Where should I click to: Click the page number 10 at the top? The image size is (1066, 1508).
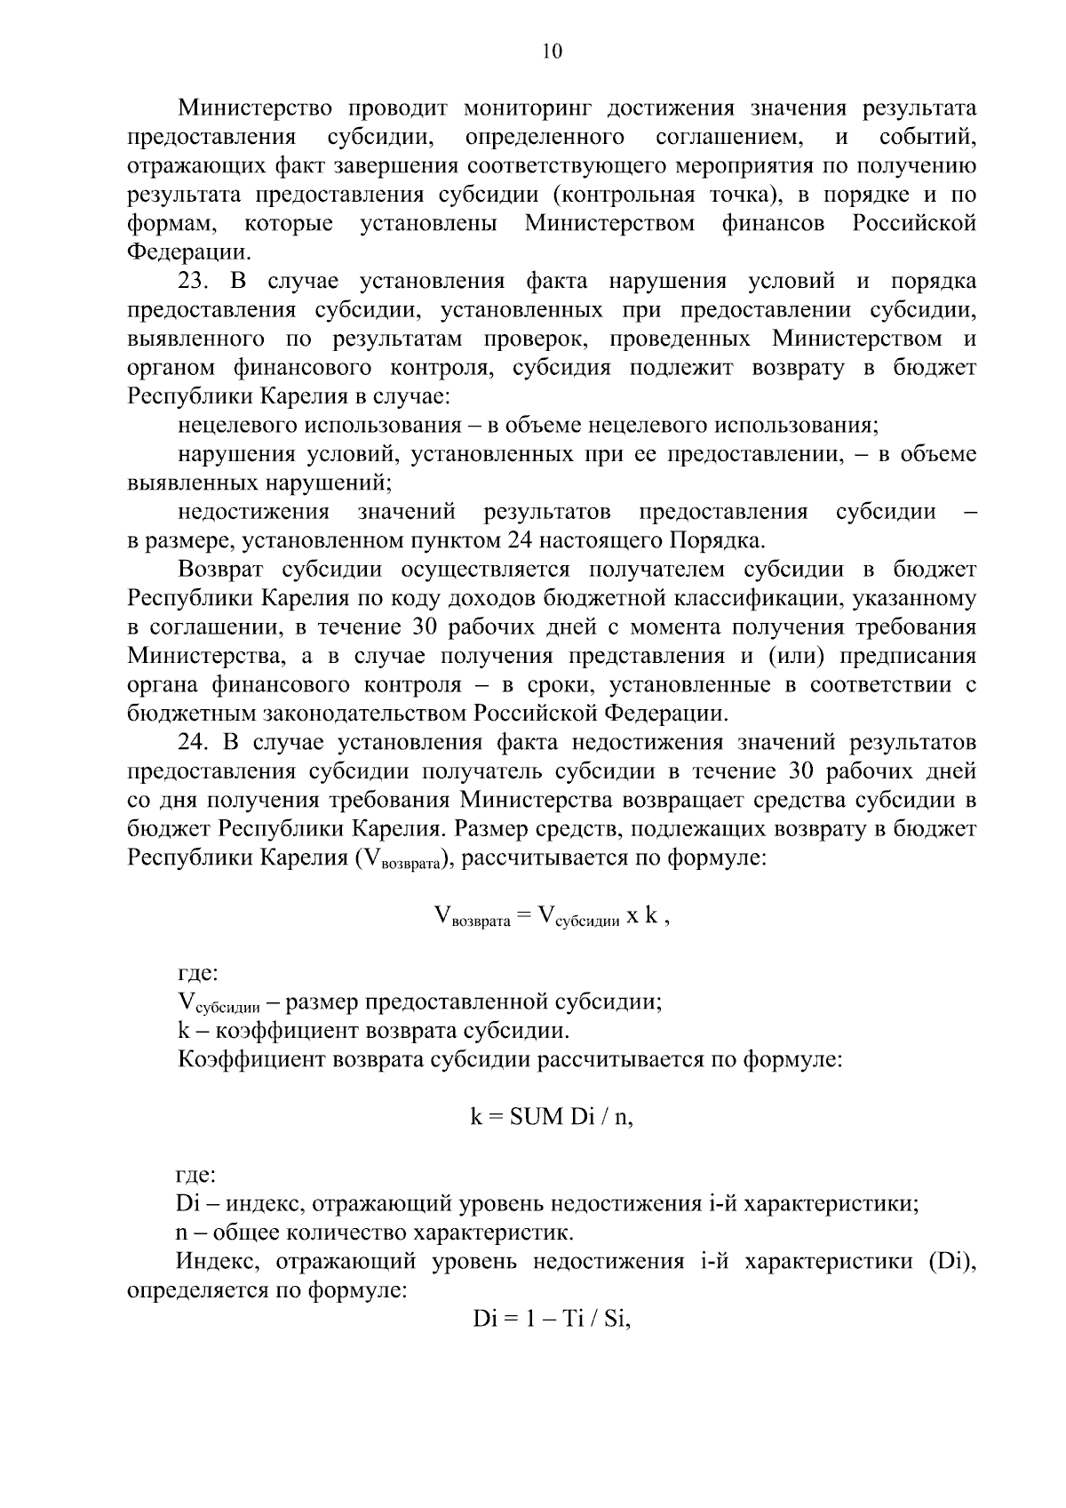click(552, 52)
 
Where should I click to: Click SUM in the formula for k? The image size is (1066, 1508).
click(537, 1117)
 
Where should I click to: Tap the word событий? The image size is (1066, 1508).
click(927, 138)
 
